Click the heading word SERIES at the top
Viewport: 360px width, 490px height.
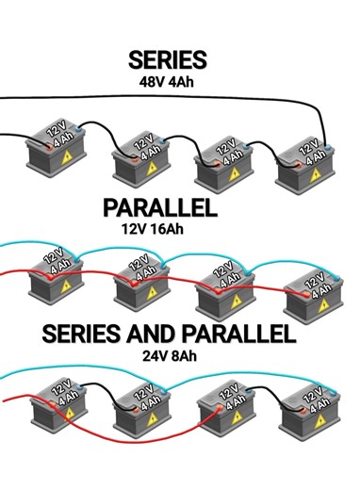coord(167,60)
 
